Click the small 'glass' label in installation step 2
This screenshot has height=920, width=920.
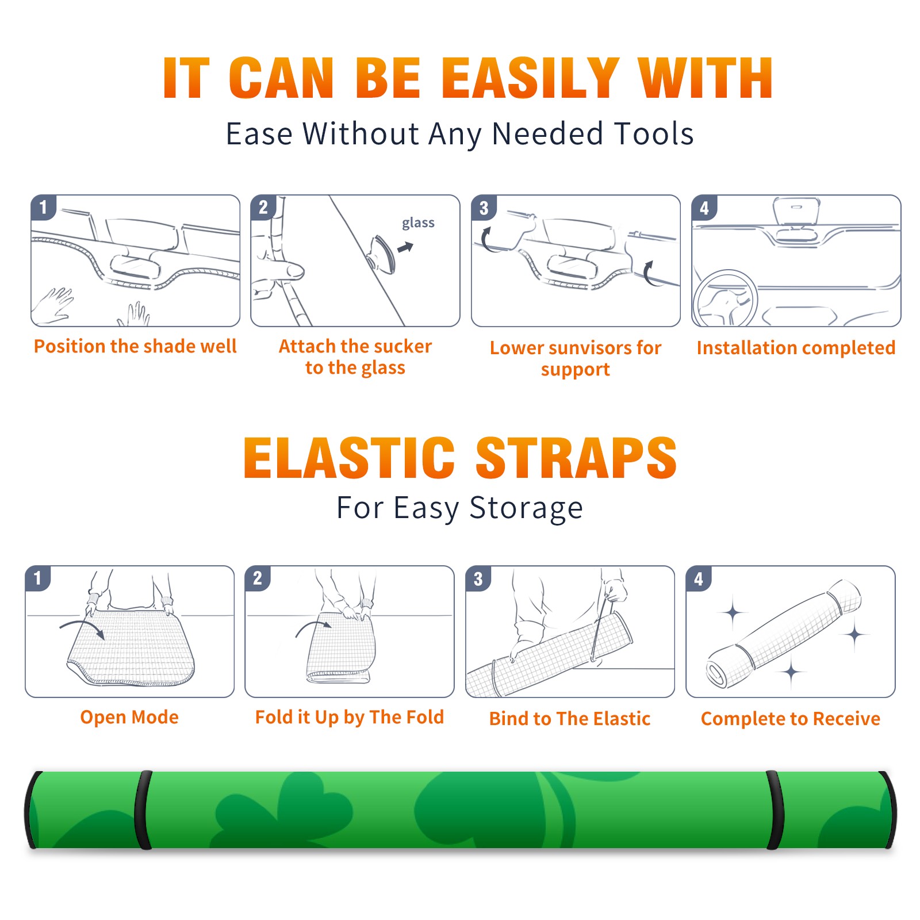pyautogui.click(x=418, y=223)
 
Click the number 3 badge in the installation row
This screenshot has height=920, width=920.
pyautogui.click(x=484, y=208)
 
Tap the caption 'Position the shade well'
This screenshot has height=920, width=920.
pyautogui.click(x=135, y=346)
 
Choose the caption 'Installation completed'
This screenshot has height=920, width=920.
pyautogui.click(x=796, y=347)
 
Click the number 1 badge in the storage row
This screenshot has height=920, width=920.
pyautogui.click(x=38, y=578)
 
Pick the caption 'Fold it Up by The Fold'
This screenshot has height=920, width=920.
pyautogui.click(x=350, y=717)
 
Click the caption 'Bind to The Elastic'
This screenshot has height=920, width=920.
pyautogui.click(x=570, y=719)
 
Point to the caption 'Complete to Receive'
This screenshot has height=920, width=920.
pyautogui.click(x=791, y=719)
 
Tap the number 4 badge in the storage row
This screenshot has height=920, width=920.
pyautogui.click(x=699, y=578)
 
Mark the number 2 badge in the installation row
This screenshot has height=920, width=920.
pyautogui.click(x=263, y=208)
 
